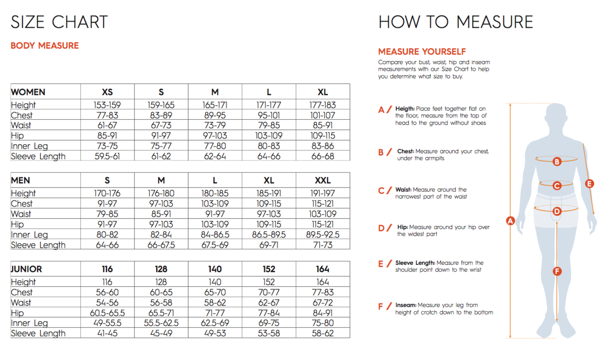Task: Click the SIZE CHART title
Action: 59,22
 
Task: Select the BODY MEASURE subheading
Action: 45,46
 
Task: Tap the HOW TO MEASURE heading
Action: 456,22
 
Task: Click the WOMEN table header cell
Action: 28,92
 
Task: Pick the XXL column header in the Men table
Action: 322,181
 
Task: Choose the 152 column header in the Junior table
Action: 269,269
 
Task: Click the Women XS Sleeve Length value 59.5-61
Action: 107,156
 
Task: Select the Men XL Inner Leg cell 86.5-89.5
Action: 269,235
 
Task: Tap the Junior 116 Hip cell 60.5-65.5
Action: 107,313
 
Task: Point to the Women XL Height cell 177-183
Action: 322,105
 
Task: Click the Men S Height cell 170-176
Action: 107,193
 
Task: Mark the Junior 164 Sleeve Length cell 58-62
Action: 322,333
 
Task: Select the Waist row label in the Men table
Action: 21,214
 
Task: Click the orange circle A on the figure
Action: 510,220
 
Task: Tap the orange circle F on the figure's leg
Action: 557,272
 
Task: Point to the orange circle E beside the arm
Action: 589,184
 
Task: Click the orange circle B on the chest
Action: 557,162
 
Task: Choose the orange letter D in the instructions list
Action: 382,228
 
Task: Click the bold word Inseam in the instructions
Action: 406,305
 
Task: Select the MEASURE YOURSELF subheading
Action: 422,52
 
